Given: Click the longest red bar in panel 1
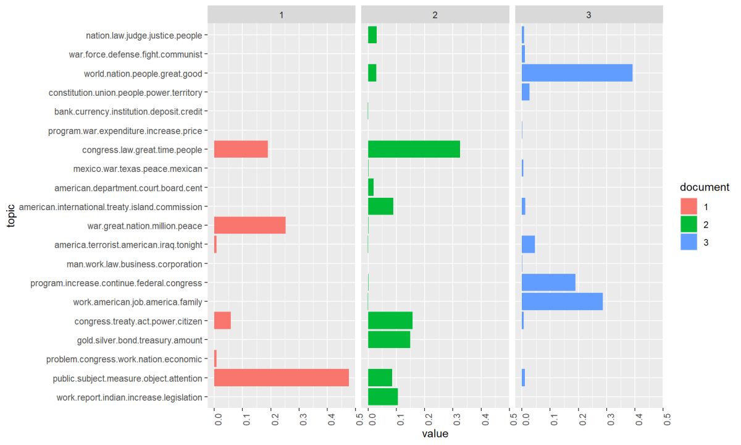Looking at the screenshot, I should (281, 378).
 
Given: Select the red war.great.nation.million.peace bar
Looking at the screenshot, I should (249, 226).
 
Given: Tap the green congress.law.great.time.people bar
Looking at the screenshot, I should (414, 150).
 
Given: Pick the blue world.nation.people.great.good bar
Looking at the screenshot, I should (577, 74).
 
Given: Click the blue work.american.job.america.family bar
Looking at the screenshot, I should (562, 302).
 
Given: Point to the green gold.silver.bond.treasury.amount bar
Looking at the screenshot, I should (389, 340).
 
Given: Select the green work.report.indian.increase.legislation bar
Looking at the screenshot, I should (383, 397).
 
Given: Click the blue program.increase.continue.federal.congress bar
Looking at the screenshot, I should (548, 282).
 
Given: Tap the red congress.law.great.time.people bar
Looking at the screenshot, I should (241, 150).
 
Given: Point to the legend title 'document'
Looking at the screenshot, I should (705, 187).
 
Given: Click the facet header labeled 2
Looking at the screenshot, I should (435, 14).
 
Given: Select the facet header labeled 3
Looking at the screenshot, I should (588, 14).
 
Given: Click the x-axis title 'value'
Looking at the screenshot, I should (435, 434).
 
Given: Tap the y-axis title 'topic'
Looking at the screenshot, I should (11, 216).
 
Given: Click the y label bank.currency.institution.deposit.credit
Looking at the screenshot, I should (128, 112).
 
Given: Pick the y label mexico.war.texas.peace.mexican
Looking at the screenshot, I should (137, 169).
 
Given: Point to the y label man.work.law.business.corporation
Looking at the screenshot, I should (134, 264).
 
